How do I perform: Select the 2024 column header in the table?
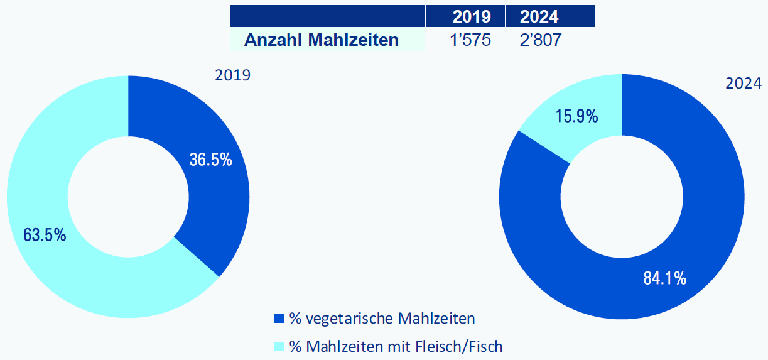pos(539,16)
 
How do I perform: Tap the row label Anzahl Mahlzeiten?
pos(321,40)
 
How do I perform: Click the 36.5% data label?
pos(210,160)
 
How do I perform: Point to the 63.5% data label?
pos(45,235)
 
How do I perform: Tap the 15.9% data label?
pos(576,116)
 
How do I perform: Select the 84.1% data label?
pos(664,278)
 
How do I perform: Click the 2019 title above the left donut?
pos(232,75)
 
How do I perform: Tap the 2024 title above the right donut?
pos(744,84)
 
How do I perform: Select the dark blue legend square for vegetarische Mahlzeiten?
pos(280,318)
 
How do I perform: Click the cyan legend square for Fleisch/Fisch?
pos(280,346)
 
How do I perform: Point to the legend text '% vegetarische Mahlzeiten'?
pos(382,319)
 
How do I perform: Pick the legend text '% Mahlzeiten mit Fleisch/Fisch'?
pos(396,346)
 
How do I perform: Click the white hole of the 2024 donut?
pos(622,197)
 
